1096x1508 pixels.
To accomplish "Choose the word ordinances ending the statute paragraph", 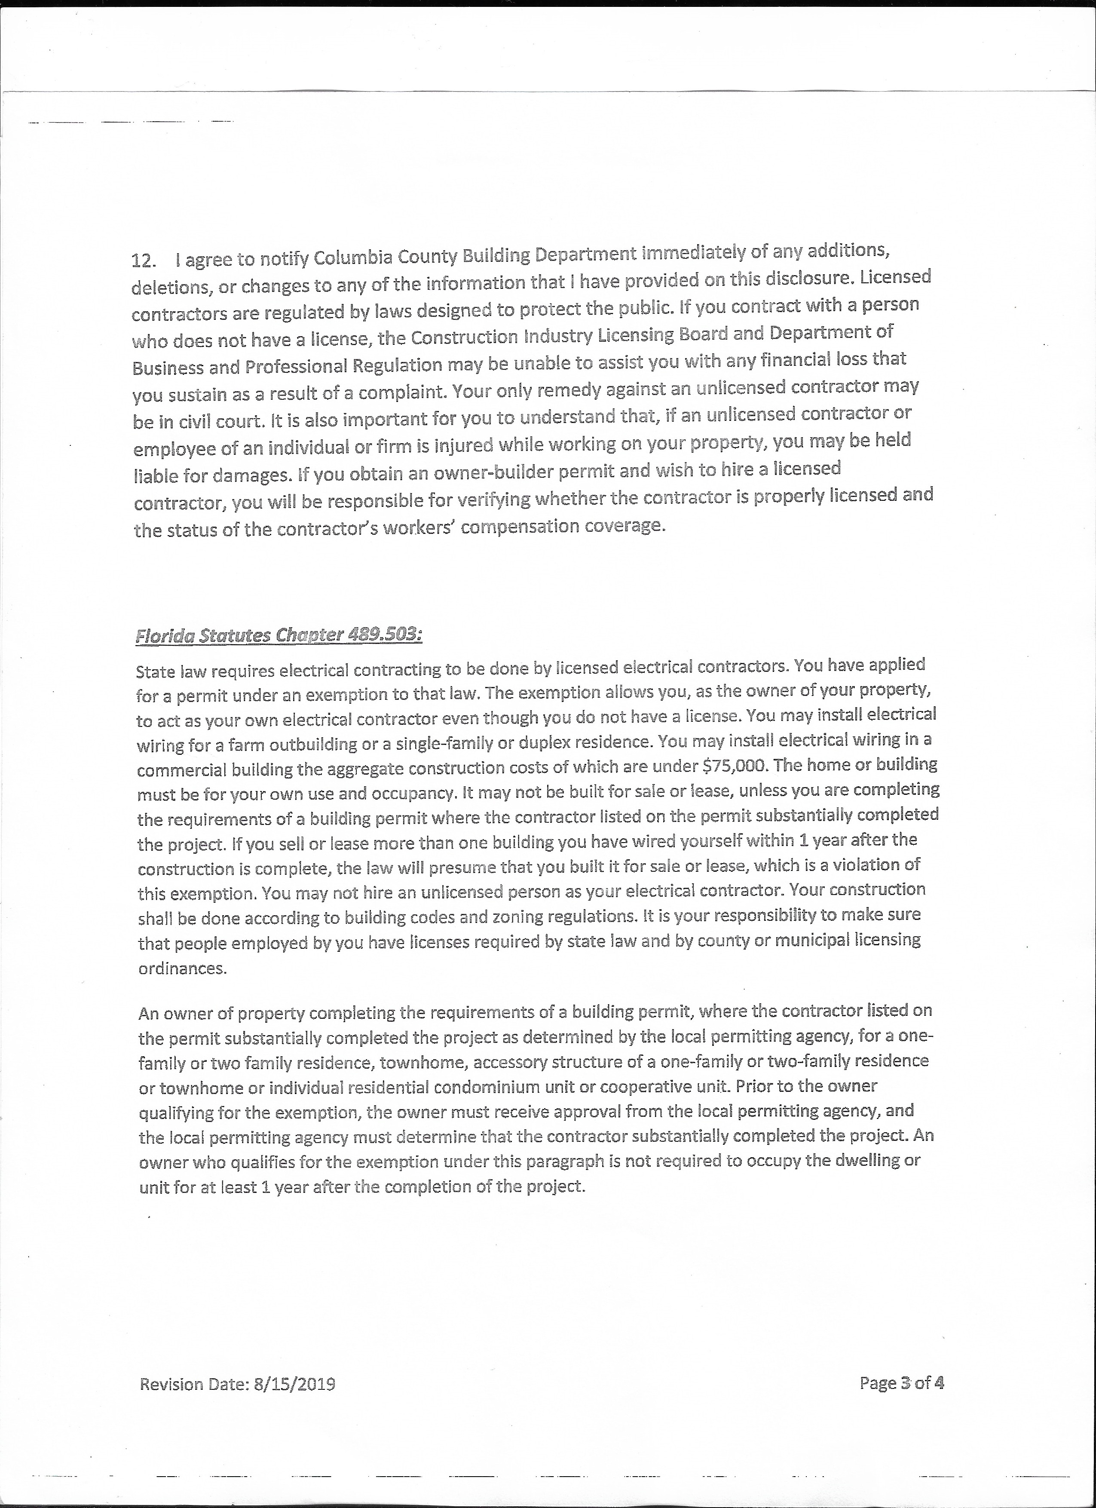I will point(183,968).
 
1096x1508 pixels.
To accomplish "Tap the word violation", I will point(861,865).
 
